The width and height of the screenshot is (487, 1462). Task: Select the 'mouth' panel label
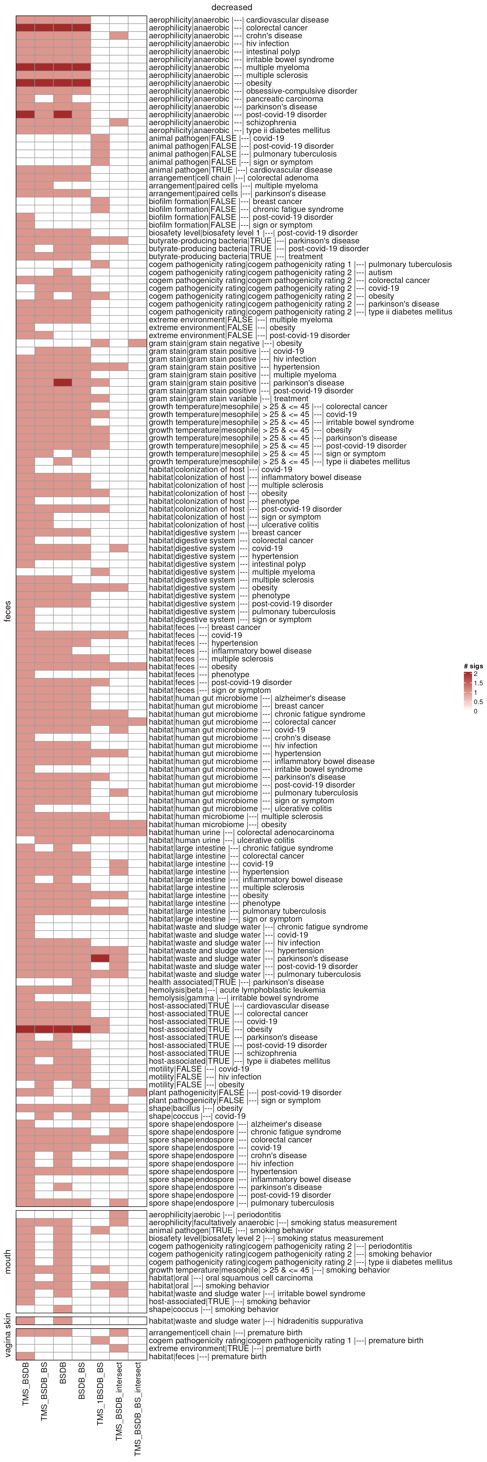(x=7, y=1261)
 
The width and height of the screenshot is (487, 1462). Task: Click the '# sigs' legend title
(x=473, y=666)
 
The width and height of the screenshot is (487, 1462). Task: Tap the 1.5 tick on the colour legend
(x=478, y=683)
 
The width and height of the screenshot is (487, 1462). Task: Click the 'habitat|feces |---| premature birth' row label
(x=207, y=1356)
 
